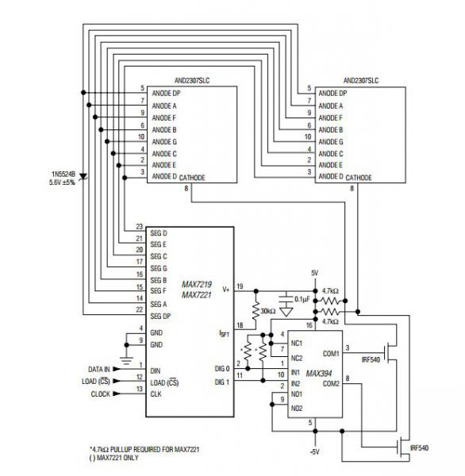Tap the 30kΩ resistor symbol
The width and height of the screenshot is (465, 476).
256,310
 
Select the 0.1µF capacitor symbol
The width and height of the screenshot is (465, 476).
286,297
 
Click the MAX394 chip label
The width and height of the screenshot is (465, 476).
319,373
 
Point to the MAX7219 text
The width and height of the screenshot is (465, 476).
197,285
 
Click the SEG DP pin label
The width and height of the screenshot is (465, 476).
160,316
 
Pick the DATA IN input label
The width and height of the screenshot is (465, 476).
99,369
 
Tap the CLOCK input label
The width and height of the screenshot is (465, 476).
101,393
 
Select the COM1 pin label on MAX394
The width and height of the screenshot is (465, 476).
331,354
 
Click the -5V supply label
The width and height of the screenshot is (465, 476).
315,451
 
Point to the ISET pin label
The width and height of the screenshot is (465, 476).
224,334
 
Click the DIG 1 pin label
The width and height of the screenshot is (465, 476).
222,382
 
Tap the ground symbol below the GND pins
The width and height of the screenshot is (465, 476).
127,361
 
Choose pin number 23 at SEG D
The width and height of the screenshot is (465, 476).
139,226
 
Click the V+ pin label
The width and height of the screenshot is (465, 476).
226,290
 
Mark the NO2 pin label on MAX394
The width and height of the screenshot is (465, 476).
297,409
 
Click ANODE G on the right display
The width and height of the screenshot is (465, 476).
331,142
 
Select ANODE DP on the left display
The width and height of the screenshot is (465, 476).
166,93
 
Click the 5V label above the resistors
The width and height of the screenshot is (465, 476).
315,273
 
